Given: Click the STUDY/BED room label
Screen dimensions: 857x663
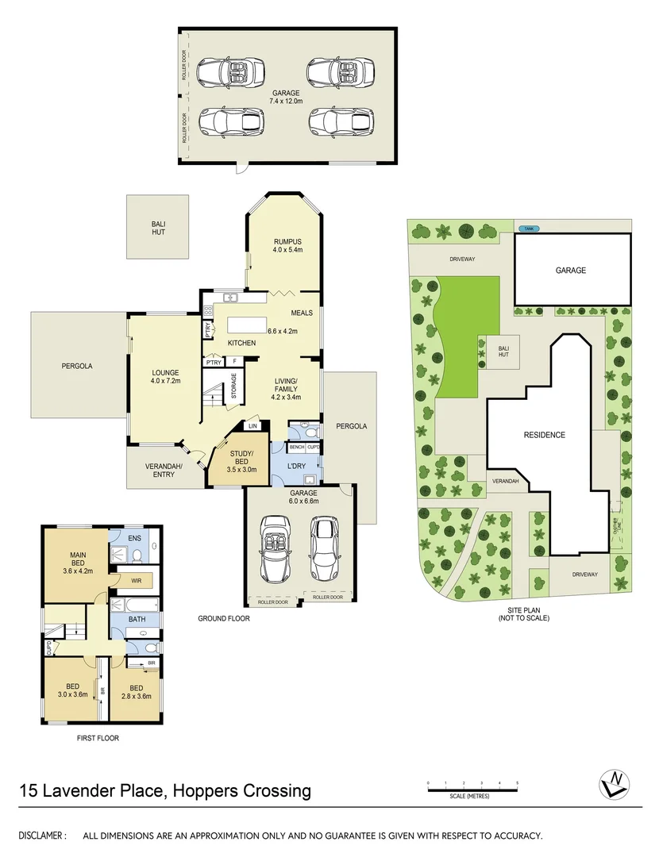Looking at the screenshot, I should [241, 455].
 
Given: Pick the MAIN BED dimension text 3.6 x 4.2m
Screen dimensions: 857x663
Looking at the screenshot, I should [79, 569].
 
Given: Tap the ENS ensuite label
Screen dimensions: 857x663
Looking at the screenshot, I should [134, 538].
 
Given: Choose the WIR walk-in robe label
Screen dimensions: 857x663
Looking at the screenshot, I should [136, 581].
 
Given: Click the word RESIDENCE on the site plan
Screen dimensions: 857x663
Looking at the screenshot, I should [544, 435].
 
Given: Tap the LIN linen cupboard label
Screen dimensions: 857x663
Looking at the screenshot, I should [253, 426].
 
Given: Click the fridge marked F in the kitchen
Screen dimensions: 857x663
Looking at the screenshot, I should [234, 362].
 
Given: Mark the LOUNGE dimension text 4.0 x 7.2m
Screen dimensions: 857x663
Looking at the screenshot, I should [167, 382].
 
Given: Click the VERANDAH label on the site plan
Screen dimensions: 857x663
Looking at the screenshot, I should [506, 482].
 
